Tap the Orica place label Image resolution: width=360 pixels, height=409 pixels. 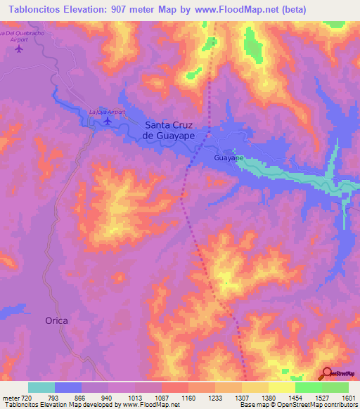click(x=57, y=320)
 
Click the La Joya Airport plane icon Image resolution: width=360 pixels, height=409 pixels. click(x=107, y=122)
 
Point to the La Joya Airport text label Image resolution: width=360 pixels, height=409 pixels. click(x=107, y=112)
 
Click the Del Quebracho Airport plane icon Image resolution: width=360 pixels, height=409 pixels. click(x=18, y=49)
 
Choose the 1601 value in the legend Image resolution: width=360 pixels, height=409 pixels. click(x=348, y=397)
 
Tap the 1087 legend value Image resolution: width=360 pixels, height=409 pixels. click(x=161, y=397)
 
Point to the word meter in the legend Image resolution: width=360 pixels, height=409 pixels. click(x=10, y=397)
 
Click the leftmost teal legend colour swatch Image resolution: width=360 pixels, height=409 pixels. click(x=41, y=387)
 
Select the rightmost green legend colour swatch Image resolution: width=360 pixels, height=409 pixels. click(x=335, y=387)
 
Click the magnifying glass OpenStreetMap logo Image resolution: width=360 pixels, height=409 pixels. click(x=326, y=373)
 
